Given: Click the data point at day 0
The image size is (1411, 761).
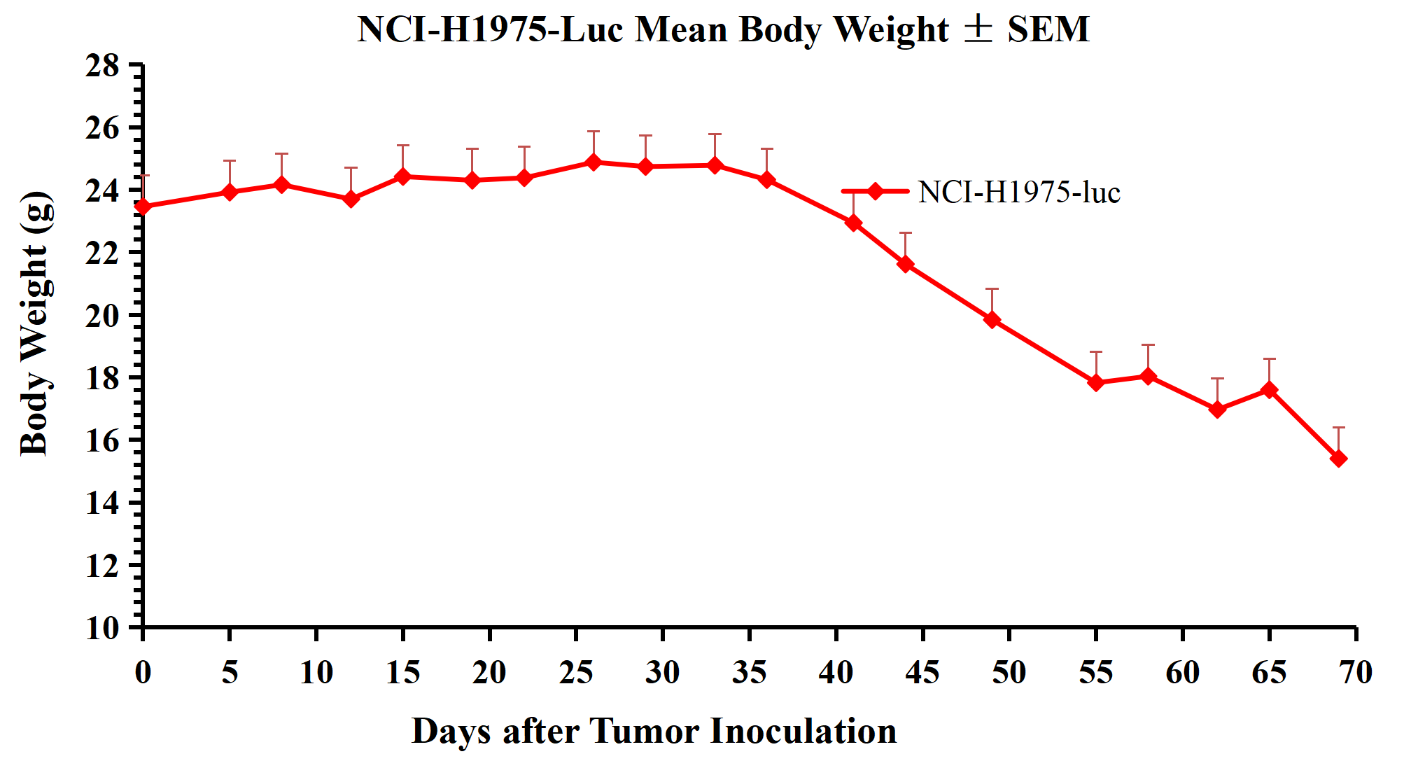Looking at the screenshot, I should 143,207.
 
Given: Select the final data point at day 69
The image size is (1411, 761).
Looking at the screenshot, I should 1338,459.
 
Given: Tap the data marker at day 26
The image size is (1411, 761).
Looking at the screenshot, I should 594,162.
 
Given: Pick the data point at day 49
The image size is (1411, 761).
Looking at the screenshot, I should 992,320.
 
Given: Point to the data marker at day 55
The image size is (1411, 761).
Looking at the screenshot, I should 1096,383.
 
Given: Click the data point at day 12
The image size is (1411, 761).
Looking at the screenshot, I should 351,200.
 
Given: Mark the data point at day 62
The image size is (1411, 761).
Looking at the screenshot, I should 1217,409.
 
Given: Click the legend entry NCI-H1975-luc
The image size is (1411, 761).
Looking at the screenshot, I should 1018,193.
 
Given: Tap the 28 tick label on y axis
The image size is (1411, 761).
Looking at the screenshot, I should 102,67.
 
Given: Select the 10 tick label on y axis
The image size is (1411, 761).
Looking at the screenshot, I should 102,628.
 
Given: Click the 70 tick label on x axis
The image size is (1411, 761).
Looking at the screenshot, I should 1356,673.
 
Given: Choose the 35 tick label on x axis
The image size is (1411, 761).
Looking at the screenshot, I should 749,673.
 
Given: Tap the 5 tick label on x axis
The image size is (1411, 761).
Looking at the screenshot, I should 230,673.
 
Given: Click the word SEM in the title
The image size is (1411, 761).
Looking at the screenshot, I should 1048,30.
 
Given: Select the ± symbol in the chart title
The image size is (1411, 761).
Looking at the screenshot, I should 978,29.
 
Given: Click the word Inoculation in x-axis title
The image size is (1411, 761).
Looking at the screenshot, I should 803,732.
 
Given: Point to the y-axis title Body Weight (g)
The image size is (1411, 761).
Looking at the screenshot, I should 35,323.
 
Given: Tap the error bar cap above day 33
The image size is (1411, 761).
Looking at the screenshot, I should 715,134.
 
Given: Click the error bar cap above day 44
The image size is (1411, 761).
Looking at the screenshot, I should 906,232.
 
